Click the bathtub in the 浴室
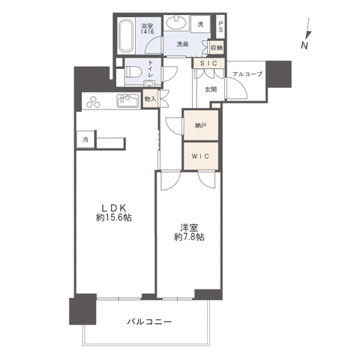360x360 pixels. (125, 35)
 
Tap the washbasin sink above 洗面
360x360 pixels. (176, 22)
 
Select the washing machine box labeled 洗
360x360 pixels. (200, 24)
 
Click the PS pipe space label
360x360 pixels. (220, 27)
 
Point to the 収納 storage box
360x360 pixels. (217, 47)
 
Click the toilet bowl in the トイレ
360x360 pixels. (133, 72)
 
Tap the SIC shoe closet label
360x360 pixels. (208, 64)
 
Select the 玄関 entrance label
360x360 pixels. (211, 89)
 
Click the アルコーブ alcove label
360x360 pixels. (247, 74)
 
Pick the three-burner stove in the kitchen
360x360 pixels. (94, 102)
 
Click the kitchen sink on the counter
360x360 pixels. (127, 100)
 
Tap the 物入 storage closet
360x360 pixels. (150, 99)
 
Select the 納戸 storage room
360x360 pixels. (201, 125)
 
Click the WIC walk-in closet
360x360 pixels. (201, 156)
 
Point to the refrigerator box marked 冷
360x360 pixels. (85, 139)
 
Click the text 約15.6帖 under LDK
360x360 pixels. (114, 217)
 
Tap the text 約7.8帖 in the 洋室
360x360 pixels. (189, 237)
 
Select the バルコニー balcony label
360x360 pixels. (149, 322)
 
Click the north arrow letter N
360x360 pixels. (304, 45)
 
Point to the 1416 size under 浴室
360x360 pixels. (147, 31)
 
